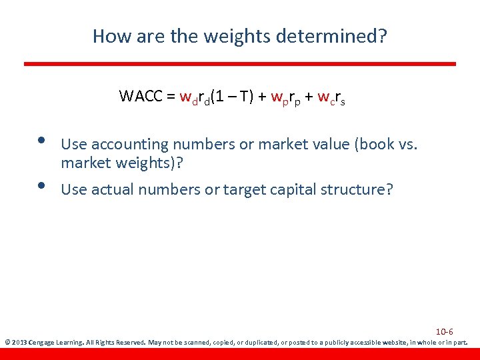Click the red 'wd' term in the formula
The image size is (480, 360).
pyautogui.click(x=188, y=97)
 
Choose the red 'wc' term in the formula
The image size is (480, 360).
pyautogui.click(x=325, y=98)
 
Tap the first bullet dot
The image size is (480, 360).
pyautogui.click(x=41, y=141)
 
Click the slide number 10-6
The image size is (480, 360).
pyautogui.click(x=445, y=331)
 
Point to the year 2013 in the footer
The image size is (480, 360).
pyautogui.click(x=19, y=343)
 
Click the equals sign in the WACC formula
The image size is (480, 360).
pyautogui.click(x=171, y=97)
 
